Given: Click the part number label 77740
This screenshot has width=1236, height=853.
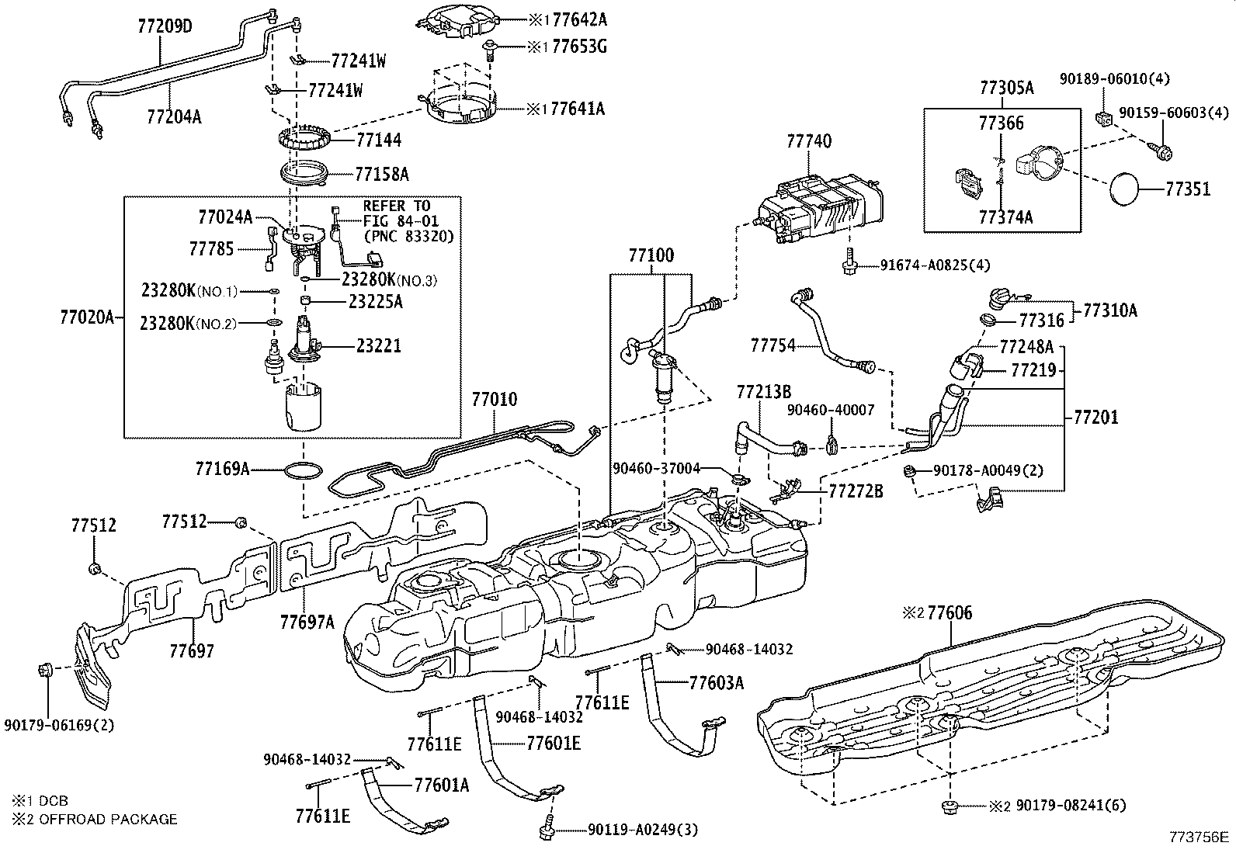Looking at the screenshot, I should (x=808, y=141).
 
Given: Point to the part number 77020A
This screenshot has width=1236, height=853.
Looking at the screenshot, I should (x=87, y=317).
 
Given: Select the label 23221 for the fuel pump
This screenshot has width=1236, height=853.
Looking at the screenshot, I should (x=378, y=345).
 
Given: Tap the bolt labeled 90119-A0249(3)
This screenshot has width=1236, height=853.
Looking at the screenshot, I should (x=547, y=828).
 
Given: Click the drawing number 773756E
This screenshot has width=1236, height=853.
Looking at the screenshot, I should (x=1200, y=837).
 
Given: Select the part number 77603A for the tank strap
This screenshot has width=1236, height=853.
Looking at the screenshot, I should (x=717, y=682).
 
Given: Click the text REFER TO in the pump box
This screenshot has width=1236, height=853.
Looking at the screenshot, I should (x=396, y=206).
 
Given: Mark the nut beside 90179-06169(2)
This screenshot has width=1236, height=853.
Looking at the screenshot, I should (x=45, y=671).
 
